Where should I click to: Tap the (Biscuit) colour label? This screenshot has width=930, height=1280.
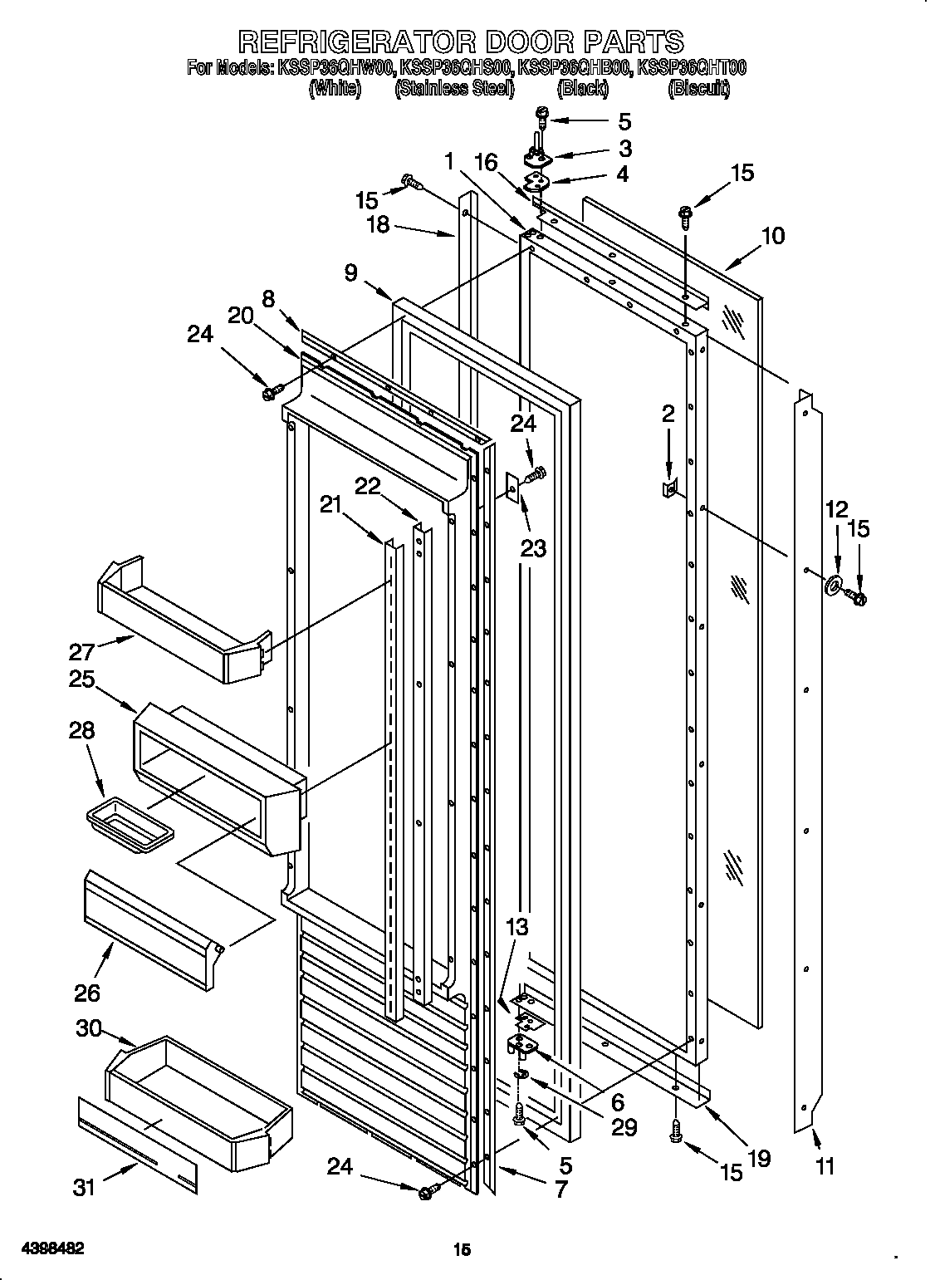tap(698, 89)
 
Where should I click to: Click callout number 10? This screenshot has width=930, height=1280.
tap(771, 236)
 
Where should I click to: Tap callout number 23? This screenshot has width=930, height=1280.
tap(534, 548)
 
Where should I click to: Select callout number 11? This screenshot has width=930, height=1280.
tap(824, 1166)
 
